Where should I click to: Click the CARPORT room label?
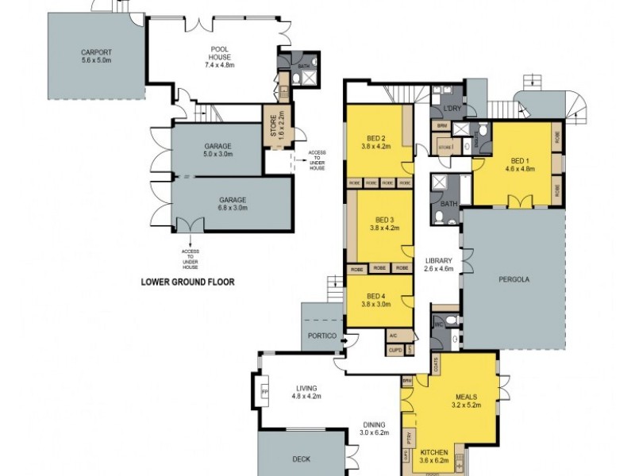pos(97,50)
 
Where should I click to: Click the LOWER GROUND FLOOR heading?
pos(187,281)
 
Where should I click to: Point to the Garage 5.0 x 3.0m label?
pos(217,151)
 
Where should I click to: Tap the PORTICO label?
pos(321,336)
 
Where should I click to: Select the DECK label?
pos(302,459)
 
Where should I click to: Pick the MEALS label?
pos(465,396)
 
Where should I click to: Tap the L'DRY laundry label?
pos(452,108)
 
